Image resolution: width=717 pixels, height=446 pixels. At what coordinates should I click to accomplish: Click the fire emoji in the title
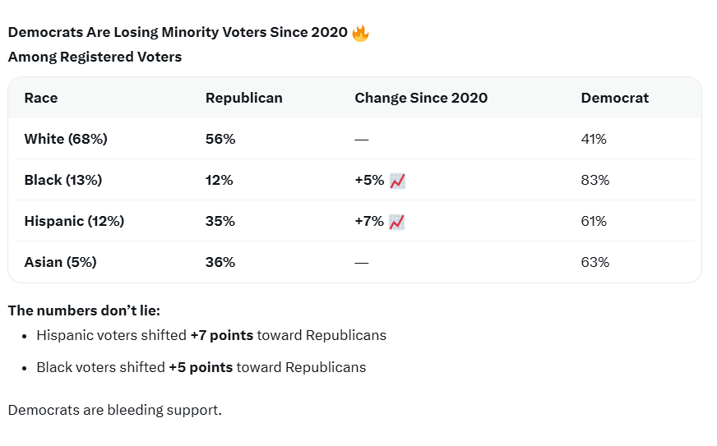click(360, 33)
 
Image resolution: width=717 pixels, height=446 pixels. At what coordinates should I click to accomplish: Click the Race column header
click(41, 98)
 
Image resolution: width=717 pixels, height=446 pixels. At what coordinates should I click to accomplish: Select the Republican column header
click(243, 98)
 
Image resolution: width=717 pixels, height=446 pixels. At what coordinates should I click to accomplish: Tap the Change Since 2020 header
click(421, 98)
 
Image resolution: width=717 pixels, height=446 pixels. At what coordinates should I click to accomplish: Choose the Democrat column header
click(614, 98)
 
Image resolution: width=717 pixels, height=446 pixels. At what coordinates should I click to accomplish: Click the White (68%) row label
click(66, 139)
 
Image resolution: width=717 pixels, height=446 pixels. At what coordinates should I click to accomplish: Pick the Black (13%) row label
click(63, 180)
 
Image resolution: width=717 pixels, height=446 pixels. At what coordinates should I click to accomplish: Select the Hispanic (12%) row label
click(74, 221)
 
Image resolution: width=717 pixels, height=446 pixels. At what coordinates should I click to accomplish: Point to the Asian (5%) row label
click(60, 262)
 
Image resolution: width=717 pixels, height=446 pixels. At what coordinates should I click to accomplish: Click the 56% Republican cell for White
click(220, 139)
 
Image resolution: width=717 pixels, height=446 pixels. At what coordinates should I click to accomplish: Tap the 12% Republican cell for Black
click(219, 180)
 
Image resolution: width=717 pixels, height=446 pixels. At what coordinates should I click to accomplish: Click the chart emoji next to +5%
click(397, 181)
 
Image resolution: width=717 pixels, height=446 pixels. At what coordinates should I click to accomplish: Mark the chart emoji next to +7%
click(397, 222)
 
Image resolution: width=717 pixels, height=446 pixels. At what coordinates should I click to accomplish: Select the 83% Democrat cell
click(595, 180)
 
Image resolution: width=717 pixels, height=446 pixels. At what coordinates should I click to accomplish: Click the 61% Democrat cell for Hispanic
click(594, 221)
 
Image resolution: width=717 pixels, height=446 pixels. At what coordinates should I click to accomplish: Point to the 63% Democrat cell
click(595, 262)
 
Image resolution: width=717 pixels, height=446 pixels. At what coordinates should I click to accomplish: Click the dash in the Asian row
click(361, 263)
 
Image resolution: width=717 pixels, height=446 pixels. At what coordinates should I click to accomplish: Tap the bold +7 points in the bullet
click(222, 335)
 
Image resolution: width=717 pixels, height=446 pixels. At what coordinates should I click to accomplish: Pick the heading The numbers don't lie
click(84, 310)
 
